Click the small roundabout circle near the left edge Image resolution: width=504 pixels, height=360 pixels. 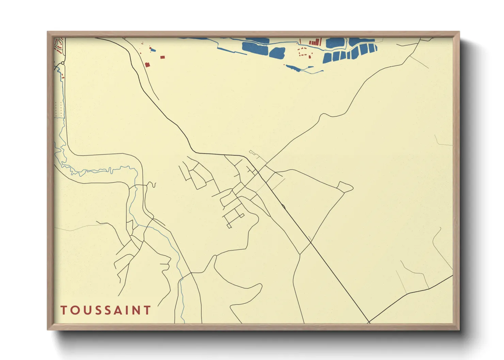(x=63, y=63)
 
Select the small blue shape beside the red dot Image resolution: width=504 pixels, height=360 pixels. (x=153, y=50)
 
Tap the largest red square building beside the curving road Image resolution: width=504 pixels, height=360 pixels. (x=147, y=64)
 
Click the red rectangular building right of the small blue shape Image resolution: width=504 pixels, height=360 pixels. (x=162, y=57)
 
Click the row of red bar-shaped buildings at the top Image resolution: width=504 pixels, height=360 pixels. (x=315, y=42)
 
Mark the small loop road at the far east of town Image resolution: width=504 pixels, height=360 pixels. (x=346, y=186)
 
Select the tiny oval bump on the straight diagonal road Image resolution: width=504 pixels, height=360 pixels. (x=283, y=206)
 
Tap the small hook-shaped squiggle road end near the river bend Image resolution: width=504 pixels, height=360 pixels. (x=154, y=185)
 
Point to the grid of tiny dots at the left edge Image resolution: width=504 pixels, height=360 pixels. (x=59, y=109)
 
